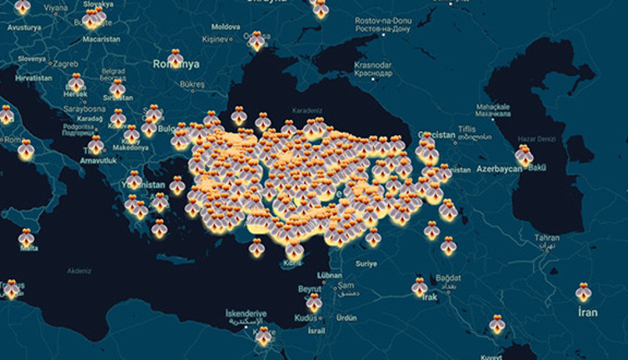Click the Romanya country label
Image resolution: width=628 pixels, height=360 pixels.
[x=177, y=64]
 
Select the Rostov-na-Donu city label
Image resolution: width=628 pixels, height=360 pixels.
[x=382, y=19]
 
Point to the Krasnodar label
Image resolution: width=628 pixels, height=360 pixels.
[x=372, y=65]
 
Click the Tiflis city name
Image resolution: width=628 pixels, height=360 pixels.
[x=488, y=128]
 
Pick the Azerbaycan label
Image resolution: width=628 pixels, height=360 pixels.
[x=499, y=169]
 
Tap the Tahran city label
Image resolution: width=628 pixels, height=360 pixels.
[x=547, y=237]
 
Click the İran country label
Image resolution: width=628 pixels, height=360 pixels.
[x=588, y=312]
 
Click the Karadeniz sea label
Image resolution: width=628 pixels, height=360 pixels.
[x=306, y=111]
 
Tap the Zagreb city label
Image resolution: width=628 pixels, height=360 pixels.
[x=67, y=62]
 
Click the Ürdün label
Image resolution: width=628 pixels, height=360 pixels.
[x=345, y=317]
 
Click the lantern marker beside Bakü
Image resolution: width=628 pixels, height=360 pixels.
[x=524, y=155]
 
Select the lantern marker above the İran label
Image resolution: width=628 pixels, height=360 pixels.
[x=583, y=292]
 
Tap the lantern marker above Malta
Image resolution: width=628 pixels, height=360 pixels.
[x=27, y=237]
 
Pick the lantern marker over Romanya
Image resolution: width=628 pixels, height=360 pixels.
[x=175, y=57]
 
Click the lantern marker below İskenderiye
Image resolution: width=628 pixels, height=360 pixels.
[x=264, y=336]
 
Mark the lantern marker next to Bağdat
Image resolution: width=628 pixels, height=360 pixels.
[x=419, y=287]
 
